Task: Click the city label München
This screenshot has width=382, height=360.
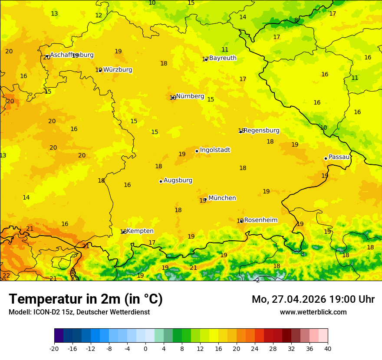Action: (x=222, y=198)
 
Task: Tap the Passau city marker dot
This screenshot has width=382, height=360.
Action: (x=326, y=158)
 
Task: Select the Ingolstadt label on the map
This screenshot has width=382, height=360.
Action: (x=215, y=150)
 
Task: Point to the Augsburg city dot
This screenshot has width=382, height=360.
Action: (x=161, y=181)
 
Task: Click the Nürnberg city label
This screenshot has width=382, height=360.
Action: (x=190, y=96)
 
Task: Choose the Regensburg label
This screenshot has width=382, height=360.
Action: (x=261, y=131)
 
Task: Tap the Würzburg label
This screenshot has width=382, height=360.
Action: (x=118, y=70)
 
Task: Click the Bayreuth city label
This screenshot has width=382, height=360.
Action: (x=223, y=58)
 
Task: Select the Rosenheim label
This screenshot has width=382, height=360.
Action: (x=260, y=220)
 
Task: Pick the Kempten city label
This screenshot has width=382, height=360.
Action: (x=140, y=231)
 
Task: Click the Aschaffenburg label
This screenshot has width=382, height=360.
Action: (x=72, y=55)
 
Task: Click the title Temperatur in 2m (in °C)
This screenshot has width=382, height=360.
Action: (x=86, y=299)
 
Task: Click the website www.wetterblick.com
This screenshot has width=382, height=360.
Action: (x=313, y=312)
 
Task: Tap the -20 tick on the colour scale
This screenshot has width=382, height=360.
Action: (x=54, y=348)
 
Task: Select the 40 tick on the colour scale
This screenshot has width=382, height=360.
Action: (x=328, y=348)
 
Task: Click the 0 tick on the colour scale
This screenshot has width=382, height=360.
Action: (x=145, y=348)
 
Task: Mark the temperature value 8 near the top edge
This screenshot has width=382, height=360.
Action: (x=296, y=20)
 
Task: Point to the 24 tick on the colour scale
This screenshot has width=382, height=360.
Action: (x=255, y=348)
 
